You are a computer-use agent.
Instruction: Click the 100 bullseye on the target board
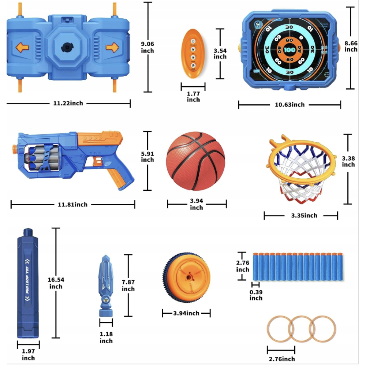click(289, 49)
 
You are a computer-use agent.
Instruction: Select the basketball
click(195, 161)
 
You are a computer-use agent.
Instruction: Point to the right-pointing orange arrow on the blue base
click(112, 47)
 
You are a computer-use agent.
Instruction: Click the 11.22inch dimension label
click(68, 104)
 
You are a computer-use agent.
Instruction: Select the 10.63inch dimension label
click(290, 105)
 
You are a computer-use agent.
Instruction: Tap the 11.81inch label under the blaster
click(72, 205)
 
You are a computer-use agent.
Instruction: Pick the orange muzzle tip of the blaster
click(14, 149)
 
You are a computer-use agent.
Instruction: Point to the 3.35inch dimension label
click(304, 216)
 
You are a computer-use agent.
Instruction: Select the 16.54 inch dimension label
click(56, 283)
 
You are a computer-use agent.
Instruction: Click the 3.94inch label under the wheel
click(186, 313)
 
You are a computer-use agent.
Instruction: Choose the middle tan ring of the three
click(302, 328)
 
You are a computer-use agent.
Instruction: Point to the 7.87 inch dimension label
click(128, 285)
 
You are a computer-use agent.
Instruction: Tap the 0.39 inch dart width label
click(256, 295)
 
